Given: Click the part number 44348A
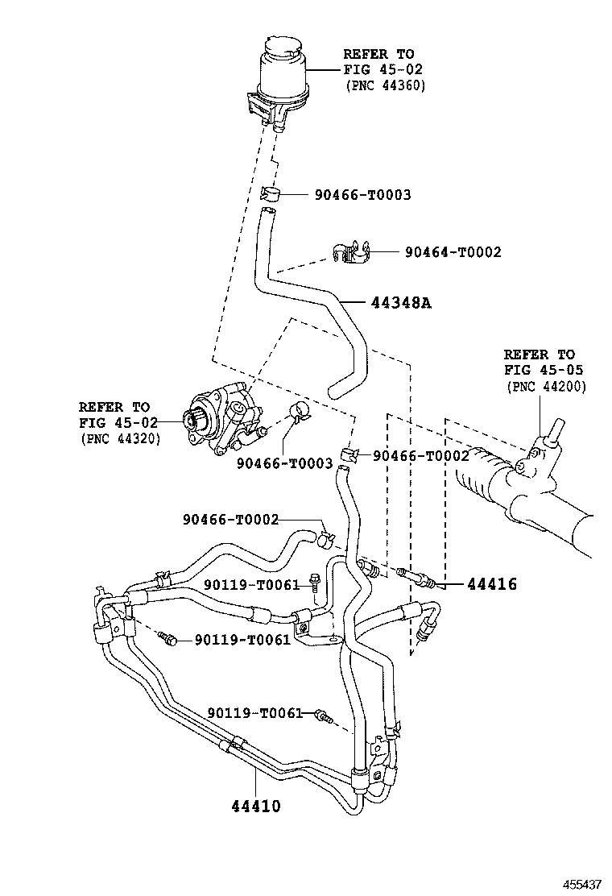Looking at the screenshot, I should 401,303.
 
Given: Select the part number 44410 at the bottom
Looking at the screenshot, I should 256,805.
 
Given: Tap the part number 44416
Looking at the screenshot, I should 491,584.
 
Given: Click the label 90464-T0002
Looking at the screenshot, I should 453,252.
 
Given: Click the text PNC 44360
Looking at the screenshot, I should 385,85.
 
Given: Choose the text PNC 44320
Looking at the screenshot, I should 120,438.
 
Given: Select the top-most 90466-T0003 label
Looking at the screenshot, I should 362,194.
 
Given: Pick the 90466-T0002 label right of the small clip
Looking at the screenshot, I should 420,456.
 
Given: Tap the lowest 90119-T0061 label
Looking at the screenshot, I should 254,713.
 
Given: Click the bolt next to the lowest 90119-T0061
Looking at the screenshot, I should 324,715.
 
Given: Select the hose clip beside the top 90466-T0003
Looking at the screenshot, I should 271,193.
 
